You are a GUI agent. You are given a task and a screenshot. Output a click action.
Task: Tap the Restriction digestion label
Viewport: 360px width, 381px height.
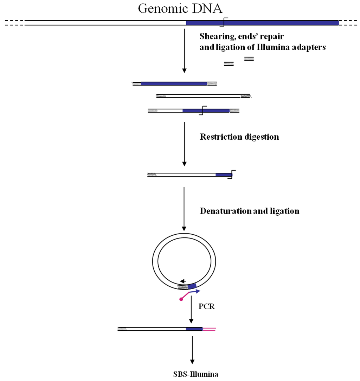click(239, 137)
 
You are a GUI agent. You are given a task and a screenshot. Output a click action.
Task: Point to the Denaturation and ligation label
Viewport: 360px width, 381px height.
click(250, 211)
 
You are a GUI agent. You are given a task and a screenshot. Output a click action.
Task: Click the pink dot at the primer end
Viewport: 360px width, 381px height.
click(181, 299)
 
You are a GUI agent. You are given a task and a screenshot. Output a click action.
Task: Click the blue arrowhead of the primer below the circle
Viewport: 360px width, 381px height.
click(198, 291)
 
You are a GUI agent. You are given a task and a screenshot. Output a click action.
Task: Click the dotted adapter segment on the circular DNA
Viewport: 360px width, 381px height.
click(183, 287)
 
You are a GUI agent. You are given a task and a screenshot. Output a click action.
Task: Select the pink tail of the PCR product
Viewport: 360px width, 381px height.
click(209, 329)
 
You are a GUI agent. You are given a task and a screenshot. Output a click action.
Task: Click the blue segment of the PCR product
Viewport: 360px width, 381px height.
click(194, 329)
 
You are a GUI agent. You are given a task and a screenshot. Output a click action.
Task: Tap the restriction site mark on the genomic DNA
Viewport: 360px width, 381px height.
click(224, 22)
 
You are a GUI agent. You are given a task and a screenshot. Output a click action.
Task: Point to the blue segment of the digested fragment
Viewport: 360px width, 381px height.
click(224, 174)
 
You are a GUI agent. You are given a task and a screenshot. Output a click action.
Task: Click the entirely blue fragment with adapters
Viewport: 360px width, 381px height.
click(174, 84)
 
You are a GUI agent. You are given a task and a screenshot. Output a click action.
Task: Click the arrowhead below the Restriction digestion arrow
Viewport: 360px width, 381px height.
click(184, 164)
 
